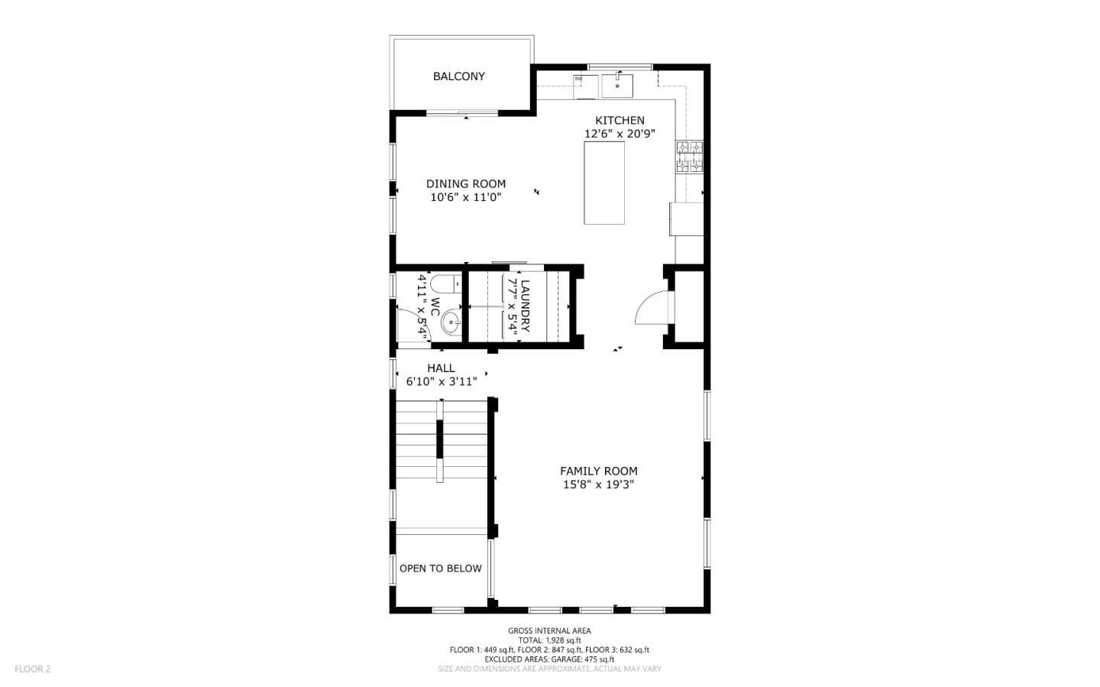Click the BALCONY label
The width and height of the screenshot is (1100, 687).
pos(458,76)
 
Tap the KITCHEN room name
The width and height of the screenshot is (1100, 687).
pos(620,120)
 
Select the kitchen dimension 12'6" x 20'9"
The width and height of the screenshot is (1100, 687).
pos(620,134)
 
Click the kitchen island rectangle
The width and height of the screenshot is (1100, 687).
pos(604,183)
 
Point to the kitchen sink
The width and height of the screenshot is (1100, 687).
pos(617,85)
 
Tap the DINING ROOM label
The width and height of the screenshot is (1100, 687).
pos(465,183)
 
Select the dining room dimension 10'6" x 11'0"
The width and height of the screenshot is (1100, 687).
pos(465,197)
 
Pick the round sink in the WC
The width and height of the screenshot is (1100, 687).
pos(451,322)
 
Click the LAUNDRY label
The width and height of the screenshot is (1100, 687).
pos(525,306)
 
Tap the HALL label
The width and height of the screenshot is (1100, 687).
pos(441,368)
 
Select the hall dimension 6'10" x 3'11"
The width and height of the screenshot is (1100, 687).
pos(441,381)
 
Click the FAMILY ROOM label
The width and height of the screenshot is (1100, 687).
pos(598,471)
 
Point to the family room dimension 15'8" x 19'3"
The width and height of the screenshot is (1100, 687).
pos(598,484)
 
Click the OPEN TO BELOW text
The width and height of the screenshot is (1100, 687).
pos(440,569)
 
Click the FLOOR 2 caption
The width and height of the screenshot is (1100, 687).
pos(32,669)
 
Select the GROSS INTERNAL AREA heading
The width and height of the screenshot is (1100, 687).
pos(549,630)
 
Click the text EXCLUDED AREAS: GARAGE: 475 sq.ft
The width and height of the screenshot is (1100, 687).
pos(549,659)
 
